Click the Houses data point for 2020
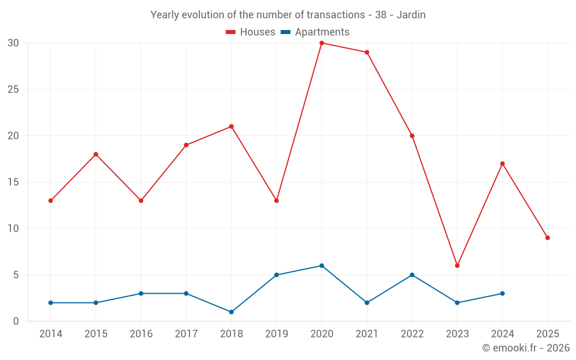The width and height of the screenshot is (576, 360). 321,43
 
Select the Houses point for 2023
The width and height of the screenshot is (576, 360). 457,266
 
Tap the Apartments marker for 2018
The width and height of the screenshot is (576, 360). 231,312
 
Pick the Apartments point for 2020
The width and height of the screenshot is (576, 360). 321,266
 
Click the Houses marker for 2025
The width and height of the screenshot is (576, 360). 547,238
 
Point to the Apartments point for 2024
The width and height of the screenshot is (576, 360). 502,294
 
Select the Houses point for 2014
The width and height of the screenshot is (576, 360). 51,201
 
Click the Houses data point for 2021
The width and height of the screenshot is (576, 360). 367,52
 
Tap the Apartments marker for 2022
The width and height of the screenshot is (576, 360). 412,275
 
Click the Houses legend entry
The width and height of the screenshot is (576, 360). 251,32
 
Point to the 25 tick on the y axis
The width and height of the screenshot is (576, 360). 13,90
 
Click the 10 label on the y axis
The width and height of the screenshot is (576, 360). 13,229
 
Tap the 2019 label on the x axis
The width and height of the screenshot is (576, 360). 276,334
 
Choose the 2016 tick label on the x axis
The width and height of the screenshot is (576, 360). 141,334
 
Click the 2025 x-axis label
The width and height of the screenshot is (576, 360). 547,334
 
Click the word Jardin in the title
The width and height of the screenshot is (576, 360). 411,15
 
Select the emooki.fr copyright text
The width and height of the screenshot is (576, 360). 526,348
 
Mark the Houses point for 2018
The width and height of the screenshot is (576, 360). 231,127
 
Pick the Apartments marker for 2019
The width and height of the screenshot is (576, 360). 276,275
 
